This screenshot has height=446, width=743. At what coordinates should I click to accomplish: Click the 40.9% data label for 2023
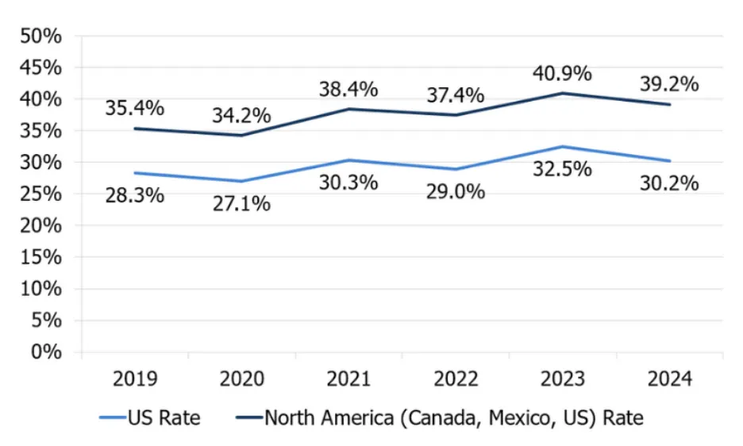click(x=562, y=74)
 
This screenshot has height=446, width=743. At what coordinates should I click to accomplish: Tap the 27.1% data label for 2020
click(x=241, y=203)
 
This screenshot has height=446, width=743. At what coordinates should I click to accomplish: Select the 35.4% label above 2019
click(x=135, y=107)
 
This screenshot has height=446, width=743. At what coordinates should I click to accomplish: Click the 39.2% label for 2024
click(x=669, y=84)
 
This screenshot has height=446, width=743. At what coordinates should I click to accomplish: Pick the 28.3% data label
click(x=135, y=194)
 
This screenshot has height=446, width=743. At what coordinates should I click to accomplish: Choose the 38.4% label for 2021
click(x=348, y=90)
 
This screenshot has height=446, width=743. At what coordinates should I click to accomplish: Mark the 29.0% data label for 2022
click(x=456, y=191)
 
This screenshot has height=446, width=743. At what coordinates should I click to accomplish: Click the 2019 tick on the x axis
click(x=135, y=379)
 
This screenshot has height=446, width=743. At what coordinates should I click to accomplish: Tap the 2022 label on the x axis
click(x=456, y=379)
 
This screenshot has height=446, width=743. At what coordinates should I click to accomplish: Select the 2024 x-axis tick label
click(x=669, y=379)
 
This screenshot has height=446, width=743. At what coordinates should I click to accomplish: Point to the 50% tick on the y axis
click(x=40, y=37)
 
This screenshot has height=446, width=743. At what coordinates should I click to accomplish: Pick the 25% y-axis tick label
click(x=40, y=194)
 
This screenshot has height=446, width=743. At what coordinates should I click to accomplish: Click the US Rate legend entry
click(x=150, y=417)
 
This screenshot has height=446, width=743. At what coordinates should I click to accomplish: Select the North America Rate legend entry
click(x=436, y=417)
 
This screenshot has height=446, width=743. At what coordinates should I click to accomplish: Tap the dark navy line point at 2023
click(x=562, y=93)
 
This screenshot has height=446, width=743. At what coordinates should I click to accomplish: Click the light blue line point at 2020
click(x=241, y=181)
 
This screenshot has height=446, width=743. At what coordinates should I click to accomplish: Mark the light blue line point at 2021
click(x=348, y=160)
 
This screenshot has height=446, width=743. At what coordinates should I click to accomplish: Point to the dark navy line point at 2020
click(x=241, y=135)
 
